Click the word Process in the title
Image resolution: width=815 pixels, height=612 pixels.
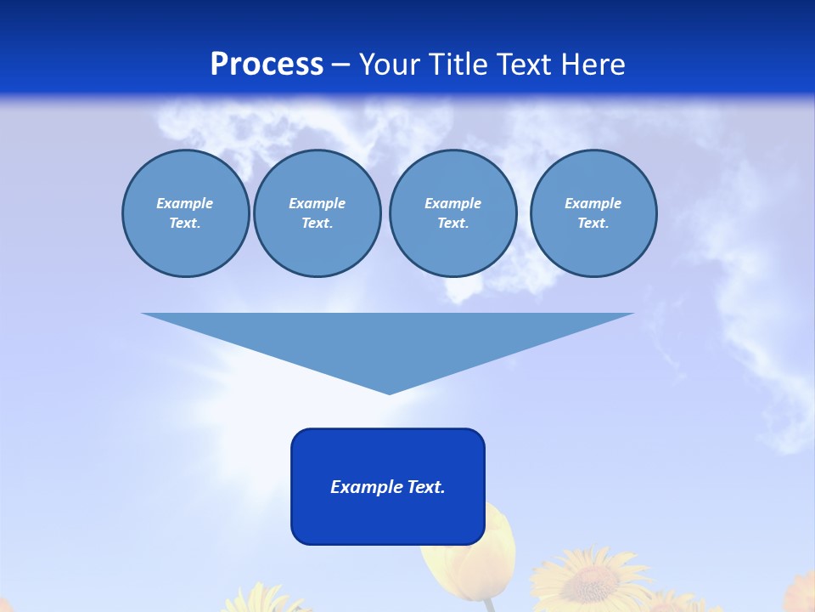[267, 65]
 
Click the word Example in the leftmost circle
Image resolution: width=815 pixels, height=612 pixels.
[184, 203]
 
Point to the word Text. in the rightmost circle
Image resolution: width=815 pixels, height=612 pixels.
[593, 223]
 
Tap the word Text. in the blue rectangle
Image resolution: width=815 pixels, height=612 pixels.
[425, 487]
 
